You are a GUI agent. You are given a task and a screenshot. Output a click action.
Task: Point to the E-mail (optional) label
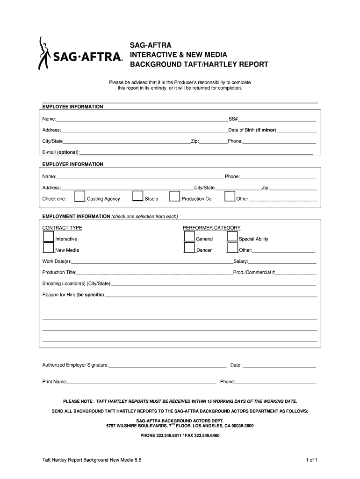point(61,152)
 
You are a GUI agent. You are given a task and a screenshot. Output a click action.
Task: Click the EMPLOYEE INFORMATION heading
point(72,107)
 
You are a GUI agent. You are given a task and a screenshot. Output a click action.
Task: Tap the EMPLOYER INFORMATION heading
point(72,164)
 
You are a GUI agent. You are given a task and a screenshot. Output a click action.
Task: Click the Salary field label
point(241,261)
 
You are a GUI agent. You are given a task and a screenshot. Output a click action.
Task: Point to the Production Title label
point(59,272)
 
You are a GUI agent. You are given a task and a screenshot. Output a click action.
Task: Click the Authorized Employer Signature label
point(75,365)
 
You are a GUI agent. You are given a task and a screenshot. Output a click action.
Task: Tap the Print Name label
point(55,382)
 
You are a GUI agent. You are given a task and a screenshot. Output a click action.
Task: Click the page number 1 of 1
point(312,460)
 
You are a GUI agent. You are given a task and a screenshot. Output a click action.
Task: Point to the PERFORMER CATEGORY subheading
point(211,228)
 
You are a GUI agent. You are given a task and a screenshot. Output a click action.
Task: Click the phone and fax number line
point(180,435)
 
